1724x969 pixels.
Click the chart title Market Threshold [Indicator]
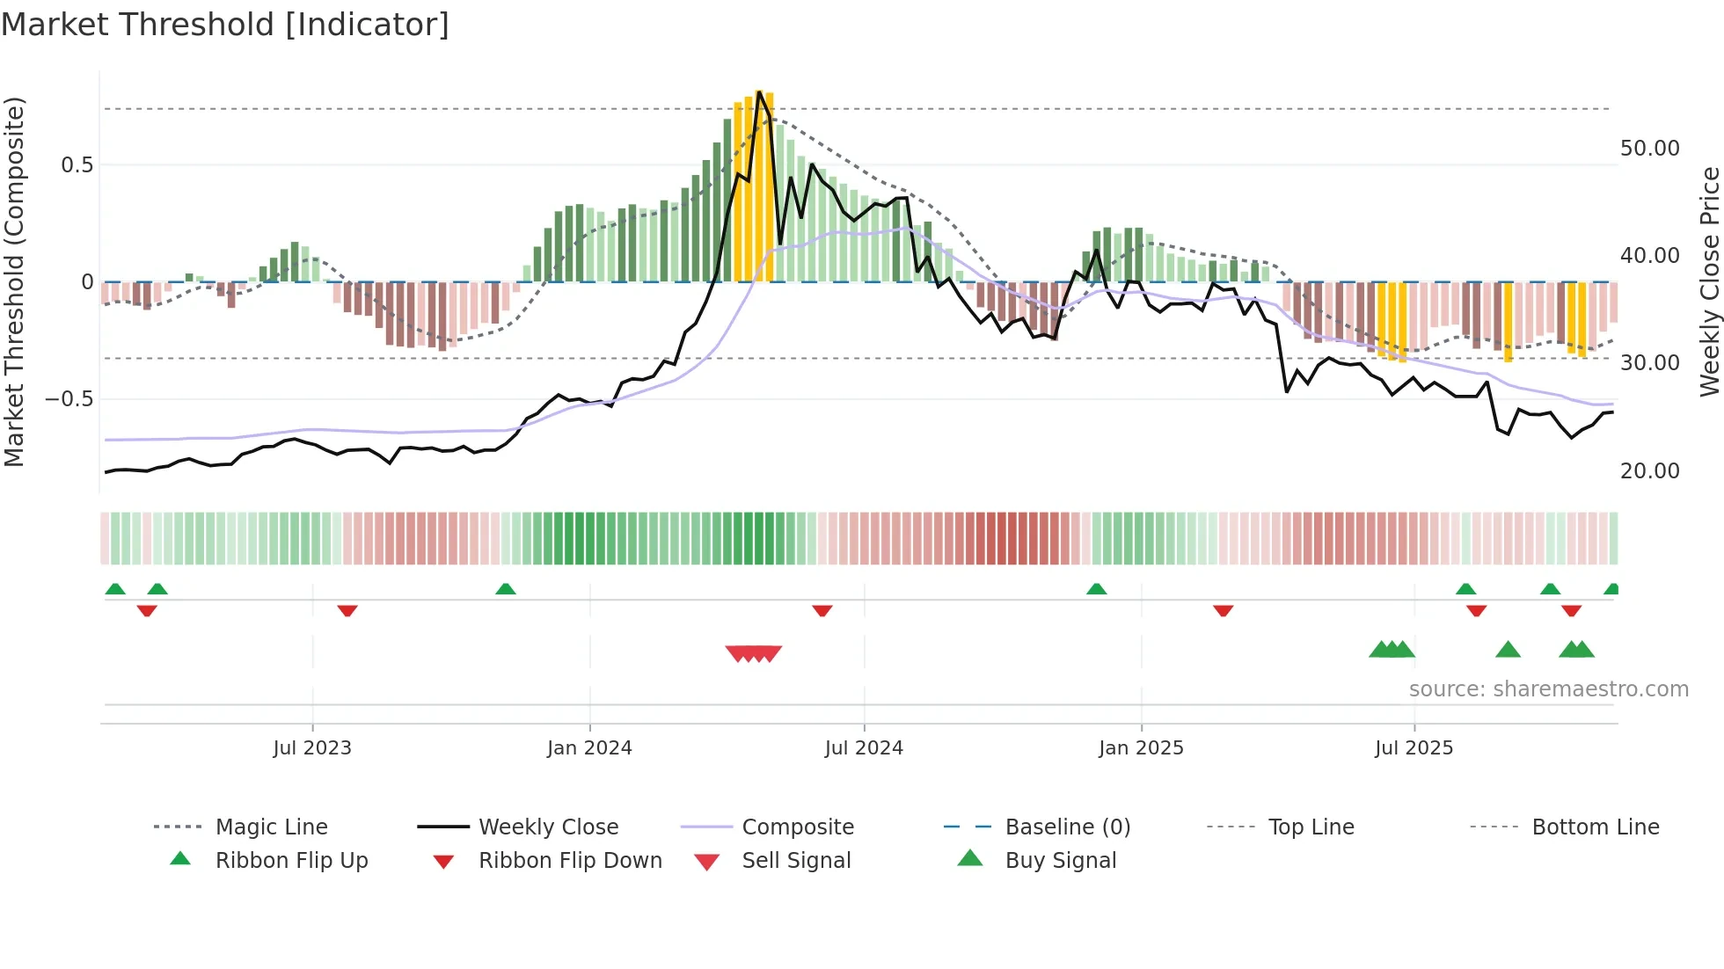pyautogui.click(x=225, y=25)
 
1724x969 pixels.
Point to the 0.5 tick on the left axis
pyautogui.click(x=77, y=165)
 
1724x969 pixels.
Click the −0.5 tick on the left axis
pyautogui.click(x=69, y=399)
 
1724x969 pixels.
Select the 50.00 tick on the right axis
pyautogui.click(x=1649, y=149)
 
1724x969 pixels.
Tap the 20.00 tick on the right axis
pyautogui.click(x=1649, y=471)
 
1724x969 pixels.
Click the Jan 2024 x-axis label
pyautogui.click(x=589, y=748)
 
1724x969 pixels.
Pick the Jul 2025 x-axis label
pyautogui.click(x=1414, y=748)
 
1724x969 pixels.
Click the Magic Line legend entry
pyautogui.click(x=271, y=827)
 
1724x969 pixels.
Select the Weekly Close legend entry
pyautogui.click(x=548, y=827)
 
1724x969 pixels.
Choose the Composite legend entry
pyautogui.click(x=797, y=827)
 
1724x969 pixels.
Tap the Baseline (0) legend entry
pyautogui.click(x=1067, y=827)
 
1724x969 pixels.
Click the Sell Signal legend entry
pyautogui.click(x=796, y=861)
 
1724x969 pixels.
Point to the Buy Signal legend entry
pyautogui.click(x=1060, y=861)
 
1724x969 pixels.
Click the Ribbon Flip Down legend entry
pyautogui.click(x=569, y=861)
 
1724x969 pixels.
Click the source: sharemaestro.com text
pyautogui.click(x=1548, y=689)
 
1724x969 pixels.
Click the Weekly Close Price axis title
pyautogui.click(x=1709, y=281)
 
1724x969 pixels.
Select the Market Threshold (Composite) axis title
pyautogui.click(x=14, y=281)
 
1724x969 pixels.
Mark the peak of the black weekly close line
pyautogui.click(x=759, y=91)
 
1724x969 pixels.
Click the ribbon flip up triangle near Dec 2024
pyautogui.click(x=1096, y=589)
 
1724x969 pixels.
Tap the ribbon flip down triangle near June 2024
pyautogui.click(x=822, y=610)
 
